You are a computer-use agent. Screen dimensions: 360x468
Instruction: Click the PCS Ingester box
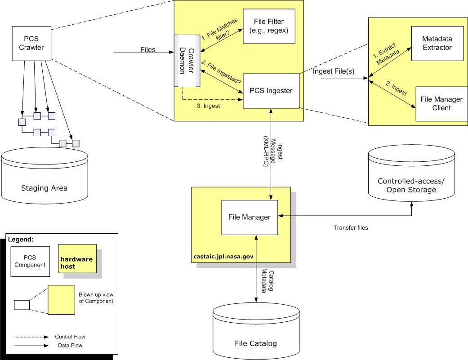click(x=271, y=91)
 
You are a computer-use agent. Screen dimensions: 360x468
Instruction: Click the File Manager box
click(x=250, y=217)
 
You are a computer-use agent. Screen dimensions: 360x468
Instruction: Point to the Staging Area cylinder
click(x=44, y=178)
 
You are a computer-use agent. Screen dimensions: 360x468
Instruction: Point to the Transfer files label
click(x=351, y=228)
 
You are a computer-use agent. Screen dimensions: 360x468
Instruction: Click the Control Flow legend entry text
click(x=70, y=337)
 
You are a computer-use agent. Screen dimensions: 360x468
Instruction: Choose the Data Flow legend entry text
click(x=70, y=345)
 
